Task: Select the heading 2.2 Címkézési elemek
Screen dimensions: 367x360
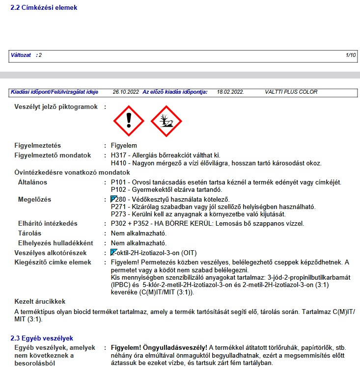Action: pos(44,8)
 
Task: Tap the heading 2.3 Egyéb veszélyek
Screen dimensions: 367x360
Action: pos(42,338)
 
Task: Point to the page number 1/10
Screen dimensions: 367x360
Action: pos(351,55)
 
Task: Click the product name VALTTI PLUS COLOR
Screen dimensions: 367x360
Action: pos(291,92)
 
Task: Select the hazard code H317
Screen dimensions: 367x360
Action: pos(119,156)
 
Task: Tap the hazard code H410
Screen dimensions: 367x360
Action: pos(119,163)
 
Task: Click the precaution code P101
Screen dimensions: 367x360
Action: pos(119,183)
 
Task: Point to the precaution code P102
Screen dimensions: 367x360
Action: pos(119,189)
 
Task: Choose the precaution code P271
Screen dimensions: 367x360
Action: pos(119,207)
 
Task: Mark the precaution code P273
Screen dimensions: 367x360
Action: pos(119,214)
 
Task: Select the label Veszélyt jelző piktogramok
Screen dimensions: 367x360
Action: pos(56,106)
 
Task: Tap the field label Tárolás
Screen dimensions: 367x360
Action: pos(29,233)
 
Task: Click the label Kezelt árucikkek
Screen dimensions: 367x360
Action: pos(40,301)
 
